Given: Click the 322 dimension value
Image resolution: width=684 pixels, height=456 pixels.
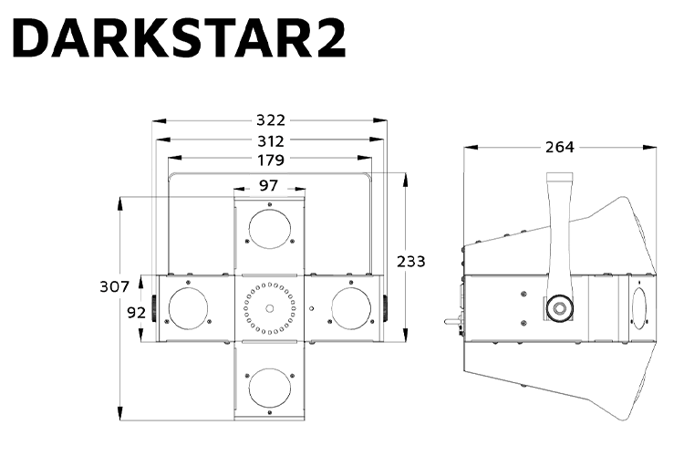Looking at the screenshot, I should [x=271, y=119].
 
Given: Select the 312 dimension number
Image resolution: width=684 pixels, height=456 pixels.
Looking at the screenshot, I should [x=271, y=140].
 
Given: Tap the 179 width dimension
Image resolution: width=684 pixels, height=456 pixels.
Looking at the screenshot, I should [x=271, y=161].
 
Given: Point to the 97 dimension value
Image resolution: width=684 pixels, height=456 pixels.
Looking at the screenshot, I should [x=268, y=185].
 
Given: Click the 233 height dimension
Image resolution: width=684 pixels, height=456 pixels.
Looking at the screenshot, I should [x=410, y=261].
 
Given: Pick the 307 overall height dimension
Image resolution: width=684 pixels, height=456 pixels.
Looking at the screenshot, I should [x=114, y=286].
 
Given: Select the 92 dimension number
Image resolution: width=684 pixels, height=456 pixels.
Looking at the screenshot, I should [x=137, y=312].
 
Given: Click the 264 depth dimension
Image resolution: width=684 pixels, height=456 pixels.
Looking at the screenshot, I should [x=560, y=147].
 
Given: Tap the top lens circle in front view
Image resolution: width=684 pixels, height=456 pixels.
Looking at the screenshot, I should [x=270, y=228].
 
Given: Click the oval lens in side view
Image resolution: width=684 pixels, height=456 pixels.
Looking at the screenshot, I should [x=637, y=307].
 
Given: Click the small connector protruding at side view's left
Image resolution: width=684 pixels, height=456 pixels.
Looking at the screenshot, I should [x=451, y=320].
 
